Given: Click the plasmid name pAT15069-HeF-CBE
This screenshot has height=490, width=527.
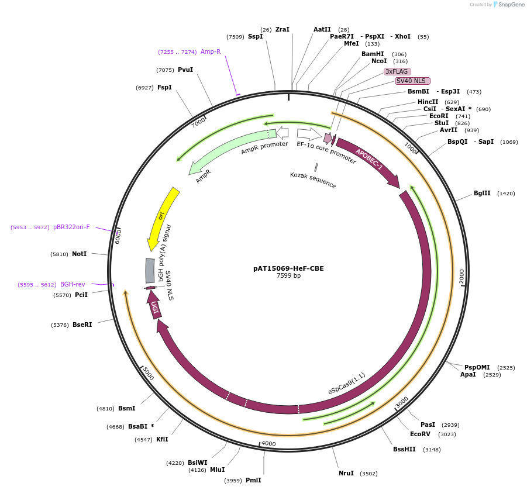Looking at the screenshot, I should pos(288,268).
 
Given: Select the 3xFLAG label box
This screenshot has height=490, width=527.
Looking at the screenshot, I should pos(397,71).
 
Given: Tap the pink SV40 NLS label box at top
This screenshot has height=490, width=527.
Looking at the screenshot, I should pos(412,81).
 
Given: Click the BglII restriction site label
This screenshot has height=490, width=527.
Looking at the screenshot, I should pos(482,193).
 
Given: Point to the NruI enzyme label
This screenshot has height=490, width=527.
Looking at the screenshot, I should pos(346,473).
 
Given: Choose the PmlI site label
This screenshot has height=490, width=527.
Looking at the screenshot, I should pos(253,480).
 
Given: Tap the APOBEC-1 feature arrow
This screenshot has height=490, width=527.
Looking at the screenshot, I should pos(368,161).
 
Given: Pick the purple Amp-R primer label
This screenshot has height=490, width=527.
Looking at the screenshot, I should pos(211,51).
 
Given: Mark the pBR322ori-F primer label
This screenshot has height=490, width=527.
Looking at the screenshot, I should pos(71,227).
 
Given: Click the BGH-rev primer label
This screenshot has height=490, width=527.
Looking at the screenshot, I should pos(73,284).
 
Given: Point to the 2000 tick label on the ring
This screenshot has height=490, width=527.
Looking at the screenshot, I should pos(461,277).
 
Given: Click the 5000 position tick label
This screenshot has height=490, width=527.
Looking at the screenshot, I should pos(148,374).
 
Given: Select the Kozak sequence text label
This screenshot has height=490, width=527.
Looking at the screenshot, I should pos(313,180).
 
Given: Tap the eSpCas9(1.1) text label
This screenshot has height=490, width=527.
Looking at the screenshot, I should pos(346,384).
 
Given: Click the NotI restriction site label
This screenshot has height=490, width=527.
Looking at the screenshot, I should pos(79,254).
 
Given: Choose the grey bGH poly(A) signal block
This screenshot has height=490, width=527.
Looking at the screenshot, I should pos(150,271).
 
